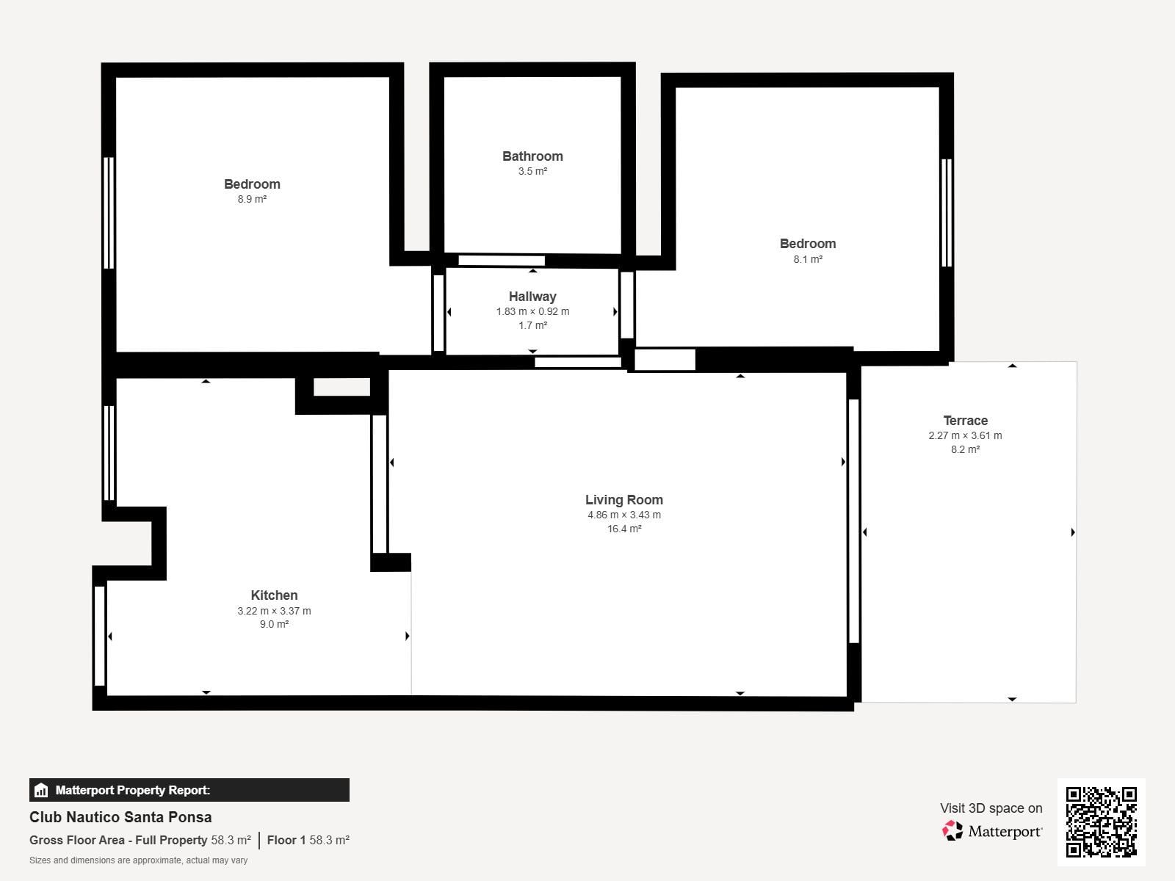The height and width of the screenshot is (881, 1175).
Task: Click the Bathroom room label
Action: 532,156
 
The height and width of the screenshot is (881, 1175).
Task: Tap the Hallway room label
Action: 532,297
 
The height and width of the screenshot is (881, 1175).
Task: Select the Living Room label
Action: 623,500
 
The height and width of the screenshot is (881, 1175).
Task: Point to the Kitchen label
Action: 274,595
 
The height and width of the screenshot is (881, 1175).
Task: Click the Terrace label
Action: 965,421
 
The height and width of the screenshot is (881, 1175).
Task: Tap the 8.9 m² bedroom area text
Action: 252,199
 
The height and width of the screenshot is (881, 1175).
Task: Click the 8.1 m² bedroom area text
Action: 808,259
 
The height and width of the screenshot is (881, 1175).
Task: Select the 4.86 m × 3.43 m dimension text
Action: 623,515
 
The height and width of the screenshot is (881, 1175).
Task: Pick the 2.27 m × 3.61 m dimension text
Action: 965,435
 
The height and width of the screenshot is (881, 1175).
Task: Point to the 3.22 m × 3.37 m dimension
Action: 274,611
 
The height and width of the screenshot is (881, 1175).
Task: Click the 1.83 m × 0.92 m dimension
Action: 532,311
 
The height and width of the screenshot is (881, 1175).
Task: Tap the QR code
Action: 1101,822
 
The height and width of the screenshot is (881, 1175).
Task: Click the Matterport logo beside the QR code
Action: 992,831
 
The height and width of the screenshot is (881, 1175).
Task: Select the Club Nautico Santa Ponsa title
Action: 120,817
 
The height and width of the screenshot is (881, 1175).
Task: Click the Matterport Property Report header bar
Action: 189,790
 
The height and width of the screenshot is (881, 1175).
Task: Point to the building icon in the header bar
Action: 41,790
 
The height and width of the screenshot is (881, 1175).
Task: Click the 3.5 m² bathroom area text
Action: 532,171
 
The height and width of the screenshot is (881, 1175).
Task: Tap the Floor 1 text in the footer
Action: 286,840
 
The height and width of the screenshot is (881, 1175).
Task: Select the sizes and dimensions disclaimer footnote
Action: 138,860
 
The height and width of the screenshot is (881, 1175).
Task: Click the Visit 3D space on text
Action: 991,808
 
